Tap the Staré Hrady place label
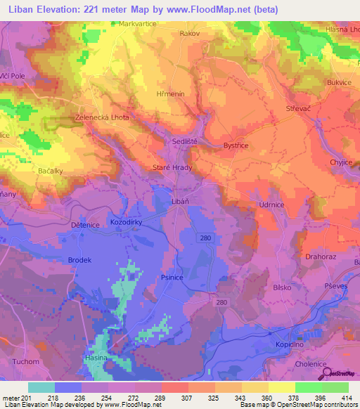point(172,168)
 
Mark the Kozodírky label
point(127,223)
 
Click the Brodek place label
point(79,260)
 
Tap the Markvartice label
point(131,23)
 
